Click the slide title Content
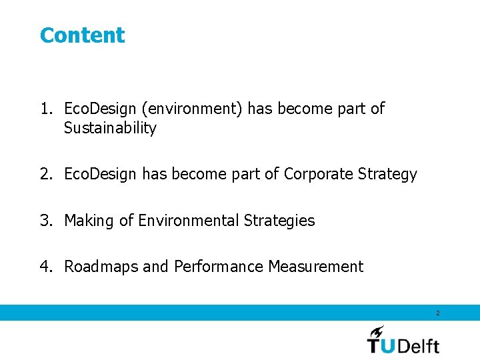(x=82, y=35)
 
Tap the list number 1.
(x=45, y=109)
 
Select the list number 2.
(x=45, y=175)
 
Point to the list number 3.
(x=45, y=221)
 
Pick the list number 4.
(x=45, y=267)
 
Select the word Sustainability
(x=110, y=129)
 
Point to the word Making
(x=89, y=221)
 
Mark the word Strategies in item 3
(x=279, y=221)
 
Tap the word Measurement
(x=315, y=267)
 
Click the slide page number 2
(x=438, y=313)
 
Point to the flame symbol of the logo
(x=377, y=331)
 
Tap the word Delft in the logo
(x=420, y=345)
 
